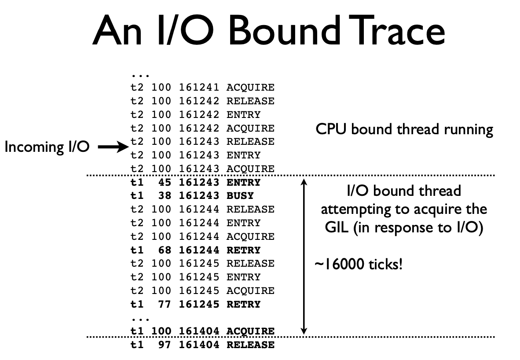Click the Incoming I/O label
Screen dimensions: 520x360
(x=47, y=147)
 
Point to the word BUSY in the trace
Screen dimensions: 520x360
(x=240, y=196)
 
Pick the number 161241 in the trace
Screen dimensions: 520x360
(x=199, y=88)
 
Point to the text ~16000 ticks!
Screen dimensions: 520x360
(x=358, y=265)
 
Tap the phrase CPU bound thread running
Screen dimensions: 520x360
(x=404, y=129)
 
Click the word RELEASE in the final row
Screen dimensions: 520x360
(x=250, y=345)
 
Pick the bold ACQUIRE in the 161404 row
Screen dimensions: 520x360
(x=250, y=331)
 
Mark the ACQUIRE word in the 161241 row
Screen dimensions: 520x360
(x=250, y=88)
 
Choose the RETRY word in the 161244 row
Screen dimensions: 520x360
(x=244, y=250)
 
